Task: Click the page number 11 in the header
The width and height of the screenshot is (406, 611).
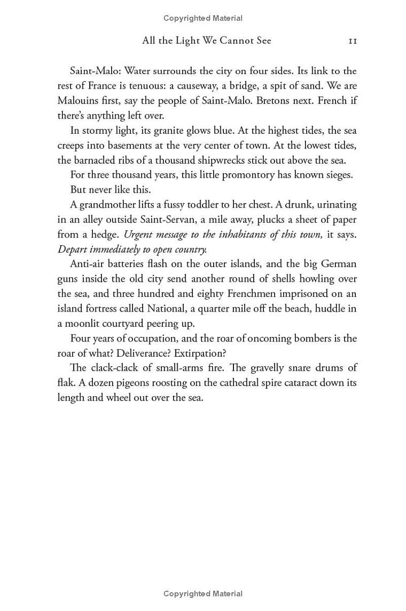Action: tap(353, 41)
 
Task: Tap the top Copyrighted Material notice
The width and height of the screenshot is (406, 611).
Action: tap(203, 18)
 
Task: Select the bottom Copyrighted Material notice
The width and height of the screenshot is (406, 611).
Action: tap(203, 593)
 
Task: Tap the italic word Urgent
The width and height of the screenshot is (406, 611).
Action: tap(139, 235)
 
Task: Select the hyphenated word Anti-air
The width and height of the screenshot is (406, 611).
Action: tap(87, 264)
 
